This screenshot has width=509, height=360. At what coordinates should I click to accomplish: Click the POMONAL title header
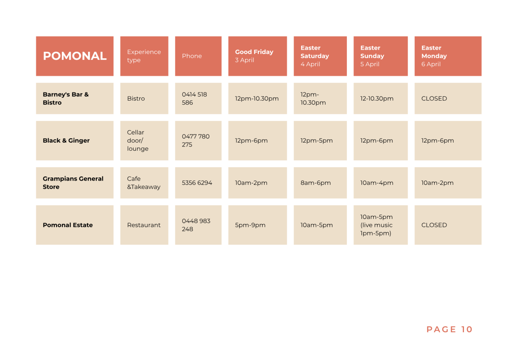(75, 56)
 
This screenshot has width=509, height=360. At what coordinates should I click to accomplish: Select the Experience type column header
(144, 56)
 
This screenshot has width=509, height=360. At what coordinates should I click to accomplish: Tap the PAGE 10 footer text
(449, 329)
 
